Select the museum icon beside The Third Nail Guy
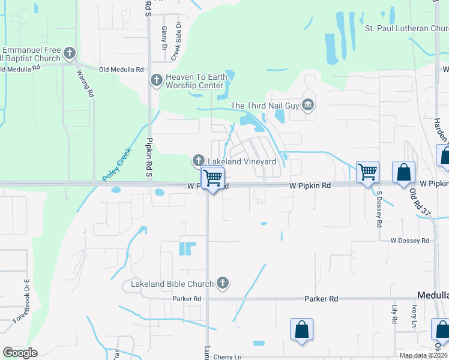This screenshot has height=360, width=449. point(309,106)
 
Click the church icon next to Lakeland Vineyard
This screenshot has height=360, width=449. point(199,161)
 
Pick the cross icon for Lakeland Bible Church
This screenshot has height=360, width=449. point(223,283)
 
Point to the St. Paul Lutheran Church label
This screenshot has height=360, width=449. point(406,28)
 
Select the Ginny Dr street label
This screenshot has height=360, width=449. point(164,38)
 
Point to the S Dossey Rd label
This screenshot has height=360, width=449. point(379,209)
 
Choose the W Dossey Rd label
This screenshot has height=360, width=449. point(409,241)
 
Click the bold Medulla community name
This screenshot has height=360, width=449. point(433,295)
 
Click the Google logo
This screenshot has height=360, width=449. point(20,352)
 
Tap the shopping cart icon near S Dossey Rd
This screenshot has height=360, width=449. point(367,172)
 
